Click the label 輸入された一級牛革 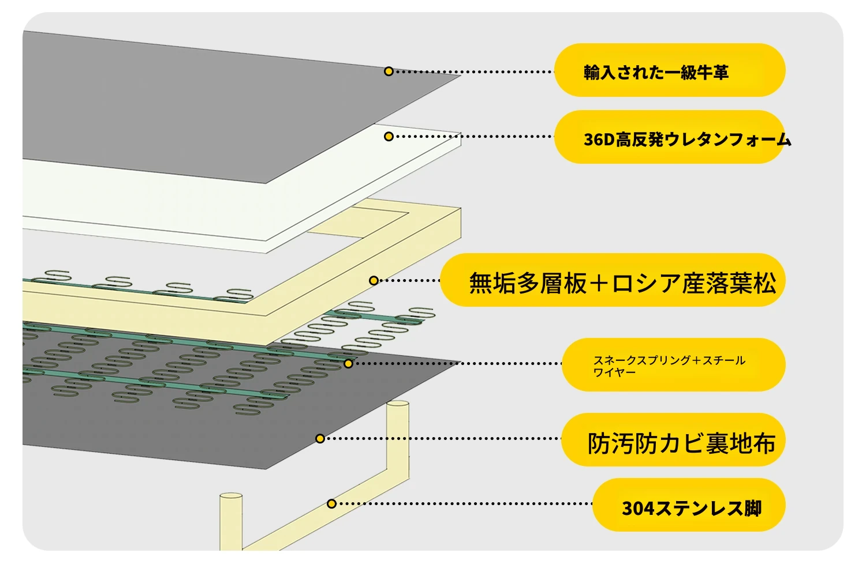point(656,72)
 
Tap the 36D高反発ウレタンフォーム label point(688,140)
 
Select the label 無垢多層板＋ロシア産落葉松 point(622,283)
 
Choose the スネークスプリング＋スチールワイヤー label point(669,366)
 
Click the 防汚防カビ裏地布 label point(681,443)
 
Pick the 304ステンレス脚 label point(692,508)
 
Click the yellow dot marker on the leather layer point(389,71)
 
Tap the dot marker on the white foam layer point(389,136)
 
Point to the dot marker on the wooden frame point(374,280)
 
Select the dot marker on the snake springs point(348,363)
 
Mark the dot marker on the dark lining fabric point(320,438)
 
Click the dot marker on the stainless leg point(331,503)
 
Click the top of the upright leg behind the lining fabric point(398,404)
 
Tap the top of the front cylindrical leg point(231,495)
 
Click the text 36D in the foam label point(599,140)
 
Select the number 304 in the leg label point(637,508)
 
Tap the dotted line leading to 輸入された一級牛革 point(473,72)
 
